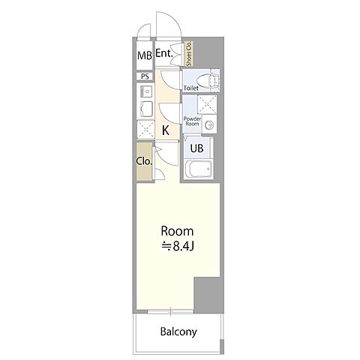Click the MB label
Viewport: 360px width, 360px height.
click(x=145, y=55)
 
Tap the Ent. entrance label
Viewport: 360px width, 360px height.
click(x=164, y=53)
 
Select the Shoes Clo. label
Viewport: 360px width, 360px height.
click(x=189, y=53)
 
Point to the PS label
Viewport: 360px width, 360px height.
click(x=145, y=76)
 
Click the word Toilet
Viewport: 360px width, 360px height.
click(x=191, y=88)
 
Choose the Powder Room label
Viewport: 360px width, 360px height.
click(x=192, y=121)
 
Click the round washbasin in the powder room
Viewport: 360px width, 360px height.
click(x=209, y=124)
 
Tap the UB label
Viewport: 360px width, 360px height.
click(x=196, y=148)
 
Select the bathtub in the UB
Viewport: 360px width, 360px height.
click(x=199, y=169)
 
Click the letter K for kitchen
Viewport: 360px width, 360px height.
click(x=166, y=130)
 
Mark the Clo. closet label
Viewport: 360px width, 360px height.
click(x=144, y=161)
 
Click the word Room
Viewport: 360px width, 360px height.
click(x=177, y=231)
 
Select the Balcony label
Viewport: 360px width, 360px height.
click(x=178, y=331)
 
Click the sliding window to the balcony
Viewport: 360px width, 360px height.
click(x=170, y=311)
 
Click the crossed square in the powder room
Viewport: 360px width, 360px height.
click(x=207, y=104)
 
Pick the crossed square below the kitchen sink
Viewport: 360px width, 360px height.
click(x=145, y=129)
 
